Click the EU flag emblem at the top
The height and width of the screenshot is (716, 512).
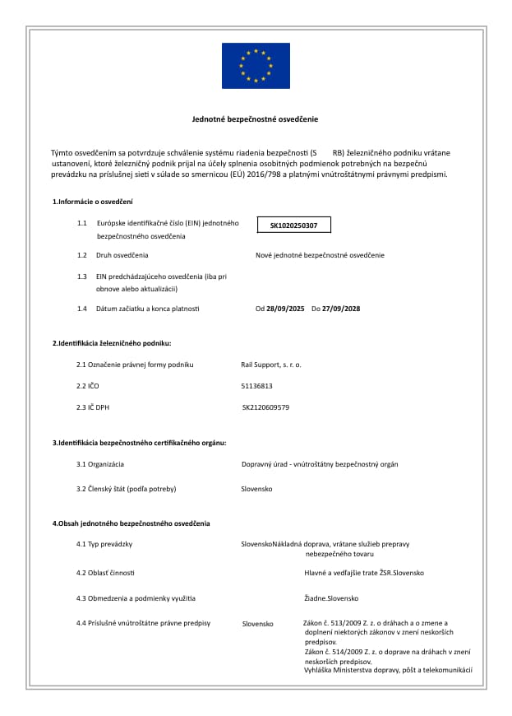(256, 65)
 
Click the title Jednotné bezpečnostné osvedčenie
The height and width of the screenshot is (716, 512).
(255, 120)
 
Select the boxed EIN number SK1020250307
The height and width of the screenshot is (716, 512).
(293, 225)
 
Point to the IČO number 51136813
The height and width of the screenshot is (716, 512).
(256, 385)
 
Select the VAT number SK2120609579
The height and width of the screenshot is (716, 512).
(266, 407)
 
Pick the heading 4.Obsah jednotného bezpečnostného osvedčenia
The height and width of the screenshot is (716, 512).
(131, 523)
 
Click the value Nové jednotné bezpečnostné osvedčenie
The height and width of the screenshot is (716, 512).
(320, 255)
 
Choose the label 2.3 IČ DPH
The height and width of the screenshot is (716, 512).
(93, 407)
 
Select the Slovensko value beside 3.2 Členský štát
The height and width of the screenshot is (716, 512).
(256, 489)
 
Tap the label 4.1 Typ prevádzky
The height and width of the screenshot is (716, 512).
(104, 545)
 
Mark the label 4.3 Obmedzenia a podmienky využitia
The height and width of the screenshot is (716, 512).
(136, 598)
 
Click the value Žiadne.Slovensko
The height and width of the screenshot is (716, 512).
(331, 598)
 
